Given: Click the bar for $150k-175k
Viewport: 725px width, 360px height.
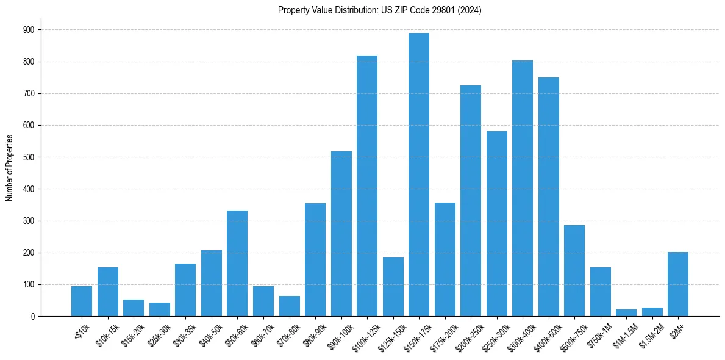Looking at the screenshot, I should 419,175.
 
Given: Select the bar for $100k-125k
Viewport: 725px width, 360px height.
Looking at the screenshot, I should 367,186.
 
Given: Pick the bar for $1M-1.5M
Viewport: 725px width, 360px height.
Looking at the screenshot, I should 626,312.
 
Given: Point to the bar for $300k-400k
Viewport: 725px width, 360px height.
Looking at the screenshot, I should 523,189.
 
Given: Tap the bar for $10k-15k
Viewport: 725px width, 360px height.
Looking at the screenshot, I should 108,292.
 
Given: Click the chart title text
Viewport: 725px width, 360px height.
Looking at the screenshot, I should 380,10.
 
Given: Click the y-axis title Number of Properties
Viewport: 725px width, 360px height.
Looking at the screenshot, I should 9,168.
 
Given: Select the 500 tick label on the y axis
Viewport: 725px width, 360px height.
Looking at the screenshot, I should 29,157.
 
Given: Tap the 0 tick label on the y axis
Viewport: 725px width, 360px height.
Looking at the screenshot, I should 33,317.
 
